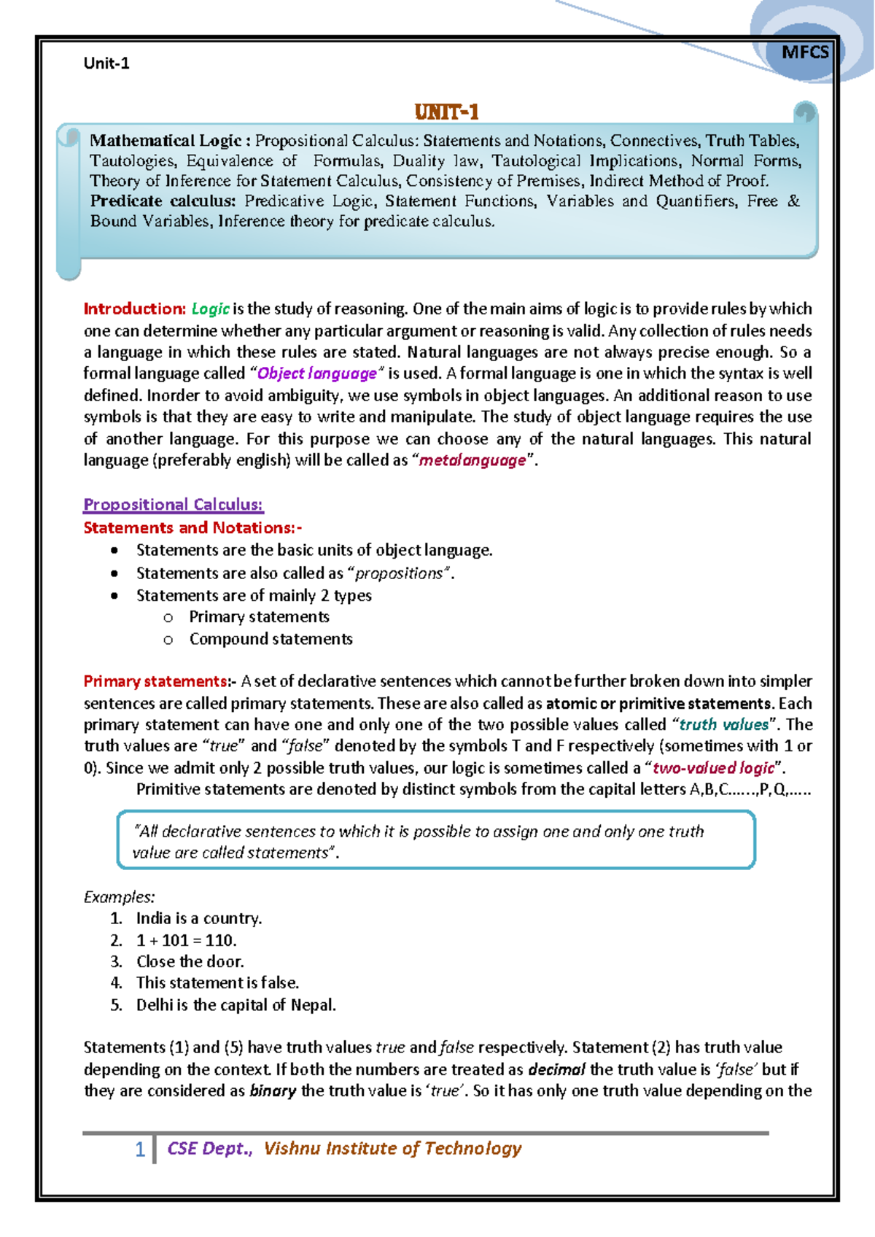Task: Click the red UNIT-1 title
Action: coord(446,112)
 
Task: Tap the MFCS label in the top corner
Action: coord(805,52)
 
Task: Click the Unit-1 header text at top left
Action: coord(106,63)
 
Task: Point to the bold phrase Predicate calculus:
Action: coord(163,201)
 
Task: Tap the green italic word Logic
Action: coord(211,309)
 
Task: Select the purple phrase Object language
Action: coord(317,373)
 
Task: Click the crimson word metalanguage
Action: coord(472,460)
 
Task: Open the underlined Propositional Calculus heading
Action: coord(173,505)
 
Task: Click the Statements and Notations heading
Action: coord(192,528)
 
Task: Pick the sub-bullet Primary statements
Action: coord(259,617)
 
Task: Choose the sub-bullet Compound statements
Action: coord(271,639)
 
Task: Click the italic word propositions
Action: coord(399,573)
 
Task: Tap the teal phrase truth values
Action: coord(723,725)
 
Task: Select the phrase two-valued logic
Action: coord(713,768)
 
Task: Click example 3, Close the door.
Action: coord(190,961)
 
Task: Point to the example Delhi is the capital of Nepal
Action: coord(236,1005)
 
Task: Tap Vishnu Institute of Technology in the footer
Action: coord(392,1149)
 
